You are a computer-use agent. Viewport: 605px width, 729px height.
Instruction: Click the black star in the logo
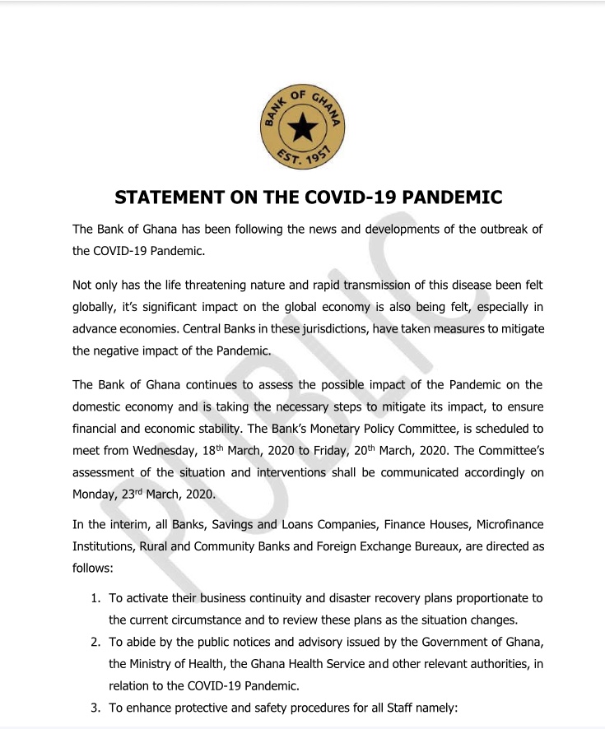click(x=302, y=128)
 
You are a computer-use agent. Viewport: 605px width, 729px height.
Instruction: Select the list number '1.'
click(x=95, y=597)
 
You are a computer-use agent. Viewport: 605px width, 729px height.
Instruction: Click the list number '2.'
click(x=95, y=642)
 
